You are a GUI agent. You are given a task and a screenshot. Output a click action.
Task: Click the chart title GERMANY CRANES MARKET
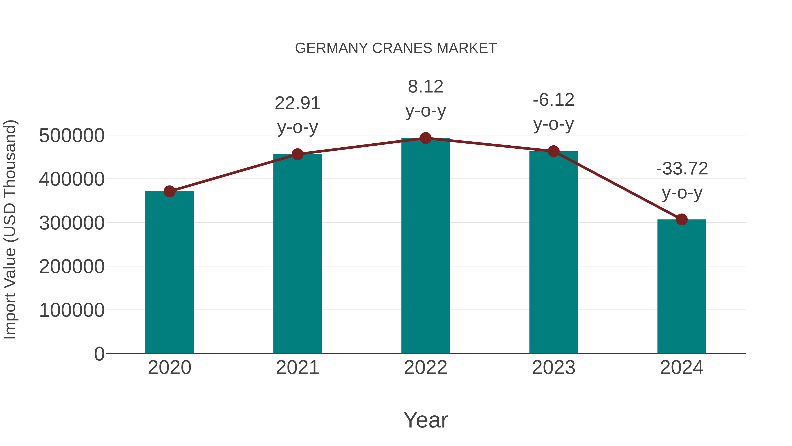click(x=396, y=48)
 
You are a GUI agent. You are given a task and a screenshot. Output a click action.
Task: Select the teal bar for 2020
click(x=169, y=272)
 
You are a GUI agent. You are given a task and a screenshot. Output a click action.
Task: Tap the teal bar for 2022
click(x=425, y=246)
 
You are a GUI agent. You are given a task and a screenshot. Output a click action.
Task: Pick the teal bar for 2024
click(x=682, y=286)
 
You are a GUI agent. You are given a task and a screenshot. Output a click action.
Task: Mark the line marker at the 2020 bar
click(x=169, y=191)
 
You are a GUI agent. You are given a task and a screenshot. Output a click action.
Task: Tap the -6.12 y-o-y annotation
click(x=554, y=112)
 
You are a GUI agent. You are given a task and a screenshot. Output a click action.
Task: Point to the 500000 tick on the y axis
click(x=72, y=136)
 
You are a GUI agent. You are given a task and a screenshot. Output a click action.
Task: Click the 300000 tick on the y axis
click(x=72, y=223)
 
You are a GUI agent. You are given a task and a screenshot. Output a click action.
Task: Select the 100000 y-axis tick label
click(x=72, y=310)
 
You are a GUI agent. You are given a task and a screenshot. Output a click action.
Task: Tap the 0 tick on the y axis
click(x=99, y=354)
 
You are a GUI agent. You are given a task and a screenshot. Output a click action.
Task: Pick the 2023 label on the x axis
click(x=554, y=368)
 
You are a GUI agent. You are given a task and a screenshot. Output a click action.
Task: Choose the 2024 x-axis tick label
click(x=682, y=368)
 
